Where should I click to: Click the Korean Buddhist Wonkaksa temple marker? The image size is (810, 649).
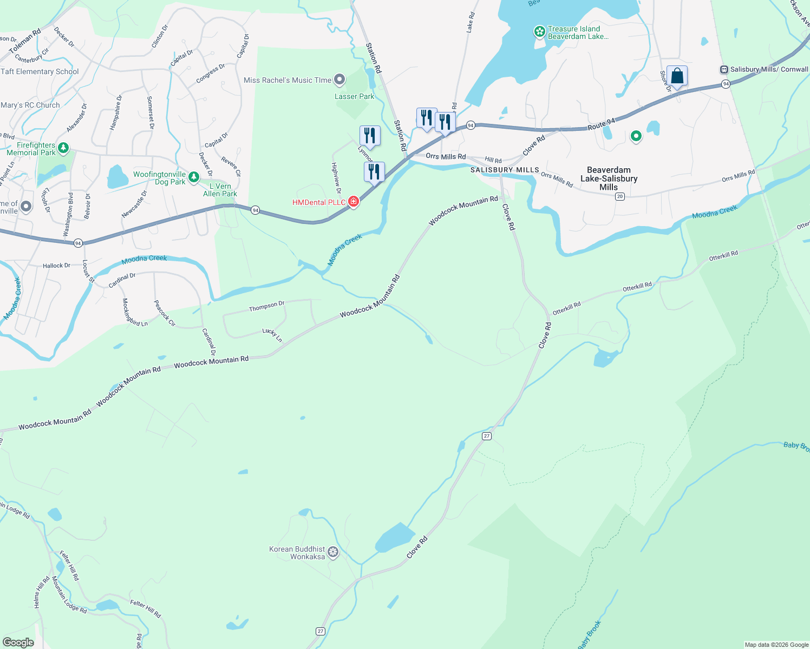pos(334,552)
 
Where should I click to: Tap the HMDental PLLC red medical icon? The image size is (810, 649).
pos(354,202)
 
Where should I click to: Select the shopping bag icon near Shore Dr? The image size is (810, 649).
pos(677,76)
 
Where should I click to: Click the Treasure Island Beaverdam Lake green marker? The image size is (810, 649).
pos(539,32)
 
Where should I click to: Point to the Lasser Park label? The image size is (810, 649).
pos(354,96)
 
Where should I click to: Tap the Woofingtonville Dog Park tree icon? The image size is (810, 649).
pos(194,176)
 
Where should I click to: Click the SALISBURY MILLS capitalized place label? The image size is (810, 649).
pos(505,170)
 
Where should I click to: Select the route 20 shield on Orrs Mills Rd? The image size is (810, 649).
pos(620,196)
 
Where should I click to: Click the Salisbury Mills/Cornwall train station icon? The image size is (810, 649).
pos(723,69)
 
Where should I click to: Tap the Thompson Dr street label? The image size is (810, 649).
pos(266,307)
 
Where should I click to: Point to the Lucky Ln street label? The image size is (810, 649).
pos(272,335)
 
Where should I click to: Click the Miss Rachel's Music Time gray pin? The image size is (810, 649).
pos(339,80)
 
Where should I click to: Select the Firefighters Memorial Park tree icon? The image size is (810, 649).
pos(63,147)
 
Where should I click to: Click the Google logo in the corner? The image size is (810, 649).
pos(18,642)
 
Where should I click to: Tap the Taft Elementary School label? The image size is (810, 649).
pos(40,71)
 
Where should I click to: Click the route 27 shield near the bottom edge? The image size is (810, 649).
pos(321,631)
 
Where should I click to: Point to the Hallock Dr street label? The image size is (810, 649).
pos(56,266)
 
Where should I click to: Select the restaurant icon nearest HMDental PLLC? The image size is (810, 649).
pos(374,172)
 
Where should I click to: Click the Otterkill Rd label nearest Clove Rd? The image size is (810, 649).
pos(566,308)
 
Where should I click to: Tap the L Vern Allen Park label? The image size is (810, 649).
pos(220,190)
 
